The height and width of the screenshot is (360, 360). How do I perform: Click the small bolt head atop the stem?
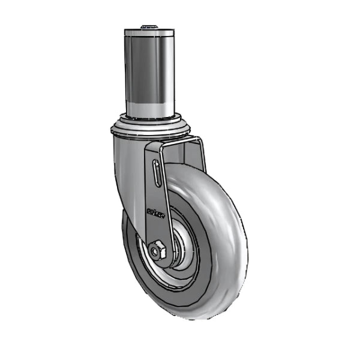coord(149,26)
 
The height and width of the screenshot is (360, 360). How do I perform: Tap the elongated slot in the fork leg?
coord(155,175)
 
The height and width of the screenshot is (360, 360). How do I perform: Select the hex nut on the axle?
coord(158,250)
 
